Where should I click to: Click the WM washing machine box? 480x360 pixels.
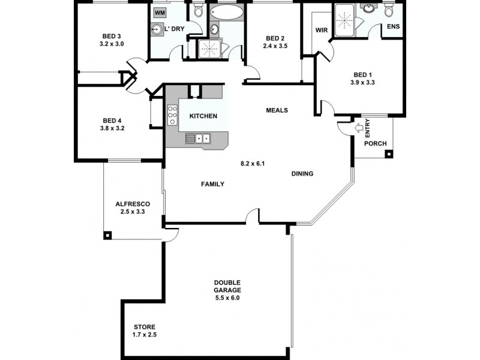point(160,12)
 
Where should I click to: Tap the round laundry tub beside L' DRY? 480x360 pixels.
point(157,29)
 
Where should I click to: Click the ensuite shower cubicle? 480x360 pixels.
point(345,17)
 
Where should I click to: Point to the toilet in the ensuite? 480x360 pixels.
point(389,11)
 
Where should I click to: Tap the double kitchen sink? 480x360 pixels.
point(197,139)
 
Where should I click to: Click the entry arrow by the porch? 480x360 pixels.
point(359,127)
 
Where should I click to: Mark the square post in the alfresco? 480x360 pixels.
point(108,235)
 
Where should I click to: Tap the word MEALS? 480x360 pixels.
point(277,110)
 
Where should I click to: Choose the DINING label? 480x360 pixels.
point(302,174)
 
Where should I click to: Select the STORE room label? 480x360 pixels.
point(145,326)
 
